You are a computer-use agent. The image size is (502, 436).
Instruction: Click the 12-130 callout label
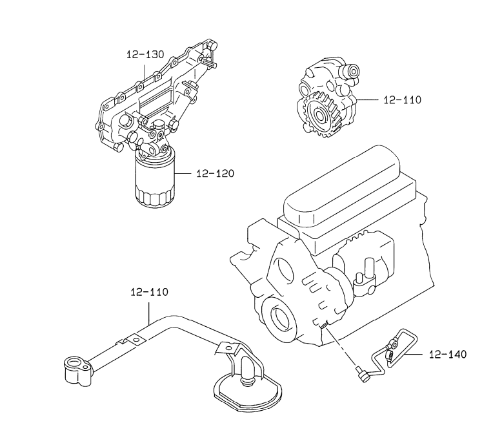click(145, 54)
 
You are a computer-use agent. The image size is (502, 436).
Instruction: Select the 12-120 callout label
click(216, 174)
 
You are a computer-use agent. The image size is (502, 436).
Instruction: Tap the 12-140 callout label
click(448, 354)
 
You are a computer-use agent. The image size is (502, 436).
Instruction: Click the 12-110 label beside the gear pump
click(403, 100)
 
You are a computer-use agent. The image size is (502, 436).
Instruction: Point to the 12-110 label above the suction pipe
click(149, 292)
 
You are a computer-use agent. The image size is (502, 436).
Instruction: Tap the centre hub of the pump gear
click(320, 116)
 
